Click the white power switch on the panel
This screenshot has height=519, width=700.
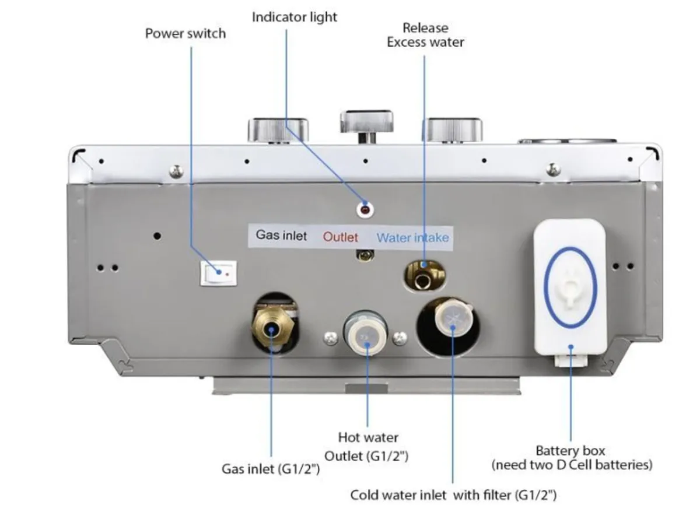[219, 272]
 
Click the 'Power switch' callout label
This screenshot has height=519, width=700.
[185, 33]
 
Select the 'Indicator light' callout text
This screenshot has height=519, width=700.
[294, 17]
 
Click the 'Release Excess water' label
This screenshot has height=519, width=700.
[425, 35]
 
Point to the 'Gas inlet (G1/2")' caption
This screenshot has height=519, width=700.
[271, 468]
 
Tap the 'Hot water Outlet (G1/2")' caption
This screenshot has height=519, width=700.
[367, 446]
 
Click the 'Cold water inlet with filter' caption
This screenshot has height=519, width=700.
[453, 495]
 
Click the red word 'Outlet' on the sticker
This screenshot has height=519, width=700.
[341, 237]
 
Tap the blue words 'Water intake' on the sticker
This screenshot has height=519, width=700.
[412, 237]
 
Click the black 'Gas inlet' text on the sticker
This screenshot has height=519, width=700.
[281, 236]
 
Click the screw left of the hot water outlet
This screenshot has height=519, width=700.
[331, 336]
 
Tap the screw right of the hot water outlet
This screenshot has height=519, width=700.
[400, 336]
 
